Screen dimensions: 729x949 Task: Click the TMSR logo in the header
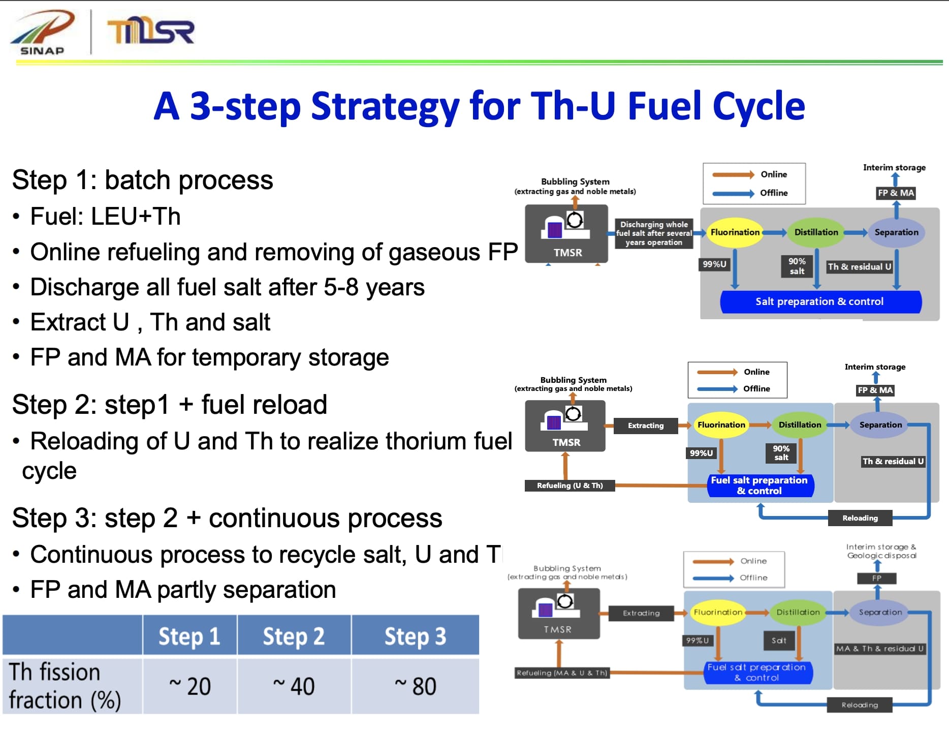tap(151, 32)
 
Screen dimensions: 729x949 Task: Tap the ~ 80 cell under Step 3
tap(415, 686)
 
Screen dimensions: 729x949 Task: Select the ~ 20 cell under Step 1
tap(189, 686)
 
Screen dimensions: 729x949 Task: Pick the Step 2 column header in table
tap(294, 636)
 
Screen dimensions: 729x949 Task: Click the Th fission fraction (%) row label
tap(65, 686)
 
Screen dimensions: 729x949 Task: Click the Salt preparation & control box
tap(819, 301)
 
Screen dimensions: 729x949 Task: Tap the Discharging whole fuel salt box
tap(654, 233)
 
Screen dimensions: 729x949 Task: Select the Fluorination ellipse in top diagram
tap(735, 232)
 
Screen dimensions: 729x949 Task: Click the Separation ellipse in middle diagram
tap(880, 425)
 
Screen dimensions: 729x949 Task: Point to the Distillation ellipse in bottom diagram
tap(798, 613)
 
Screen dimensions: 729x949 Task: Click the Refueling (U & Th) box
tap(570, 485)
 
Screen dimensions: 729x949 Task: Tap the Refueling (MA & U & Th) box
tap(561, 673)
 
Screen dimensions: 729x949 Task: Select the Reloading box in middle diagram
tap(860, 518)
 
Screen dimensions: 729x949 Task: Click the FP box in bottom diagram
tap(876, 579)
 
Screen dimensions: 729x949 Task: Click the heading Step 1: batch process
tap(142, 180)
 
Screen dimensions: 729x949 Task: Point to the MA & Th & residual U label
tap(880, 649)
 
